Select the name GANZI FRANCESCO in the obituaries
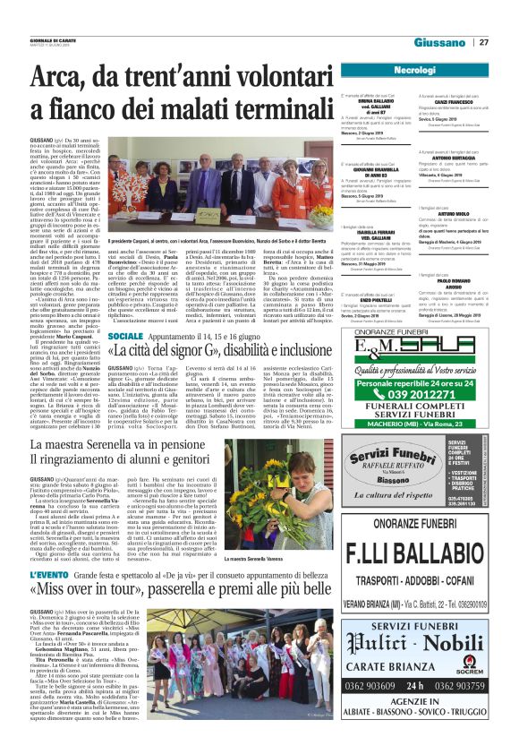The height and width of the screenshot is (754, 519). tap(454, 103)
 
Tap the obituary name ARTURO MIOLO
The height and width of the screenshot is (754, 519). tap(454, 215)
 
